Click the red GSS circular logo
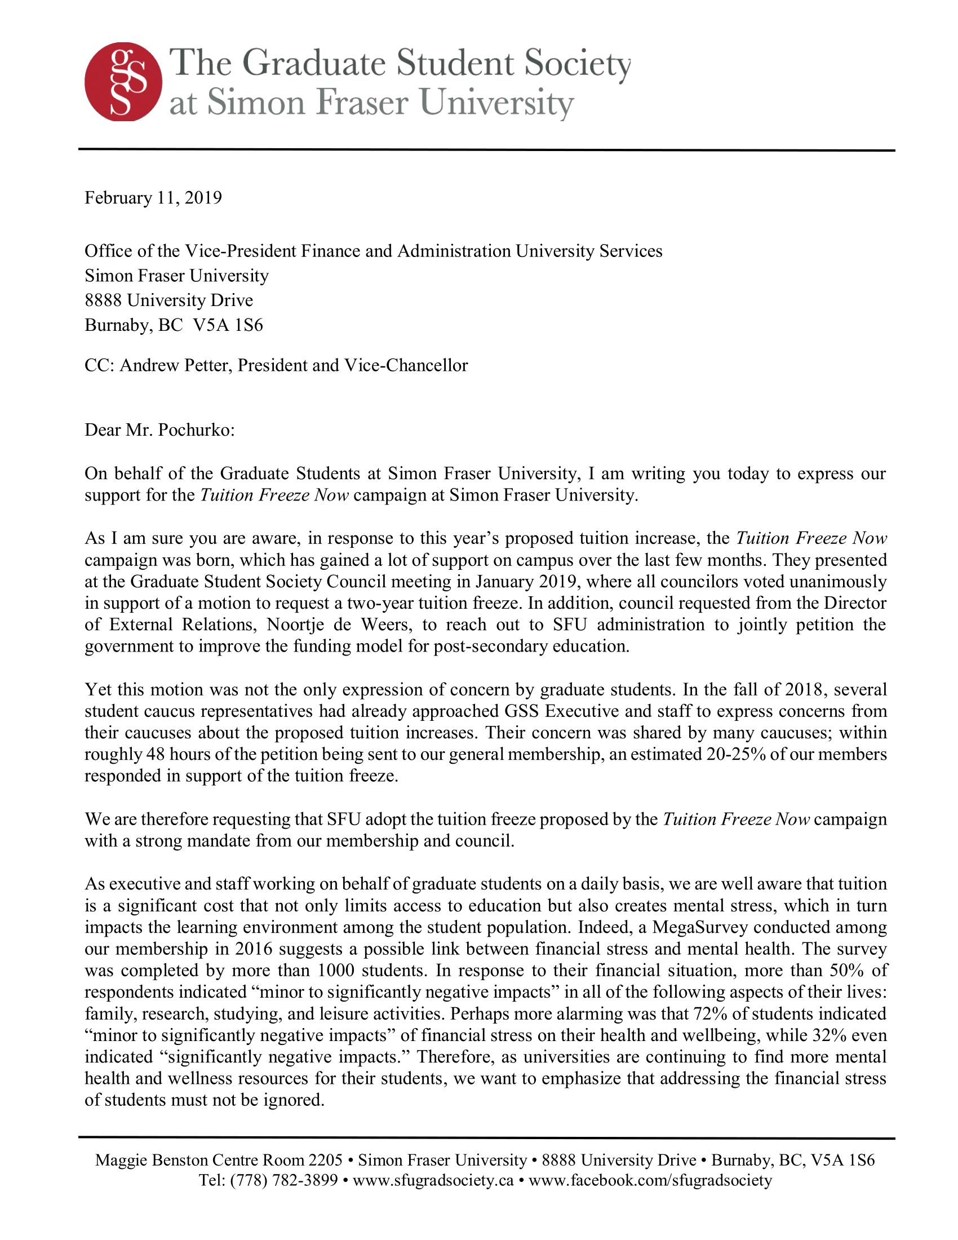(x=123, y=82)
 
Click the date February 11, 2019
(x=153, y=198)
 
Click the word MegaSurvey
(x=700, y=927)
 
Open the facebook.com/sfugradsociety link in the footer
(x=650, y=1180)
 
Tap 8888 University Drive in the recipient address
(x=168, y=300)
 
